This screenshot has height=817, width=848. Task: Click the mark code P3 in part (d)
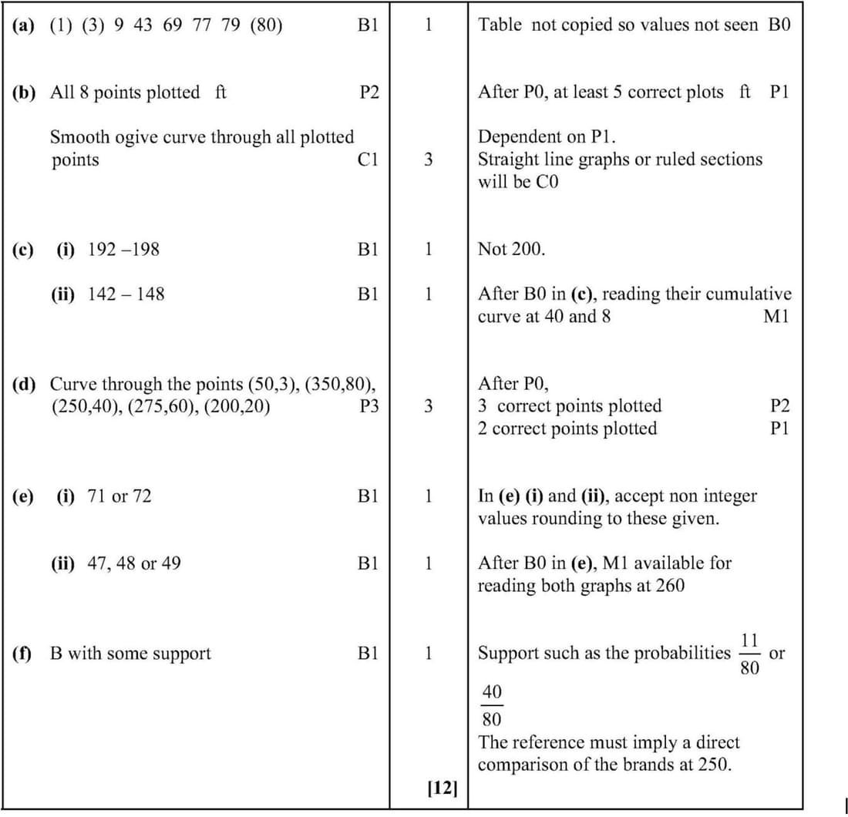(x=369, y=405)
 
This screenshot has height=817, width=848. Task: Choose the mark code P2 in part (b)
(x=369, y=92)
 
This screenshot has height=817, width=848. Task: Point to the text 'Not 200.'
(x=511, y=249)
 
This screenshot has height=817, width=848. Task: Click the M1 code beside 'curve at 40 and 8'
(x=777, y=317)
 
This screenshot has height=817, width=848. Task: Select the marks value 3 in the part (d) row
(x=428, y=405)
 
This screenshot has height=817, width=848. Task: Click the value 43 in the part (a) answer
(x=143, y=25)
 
